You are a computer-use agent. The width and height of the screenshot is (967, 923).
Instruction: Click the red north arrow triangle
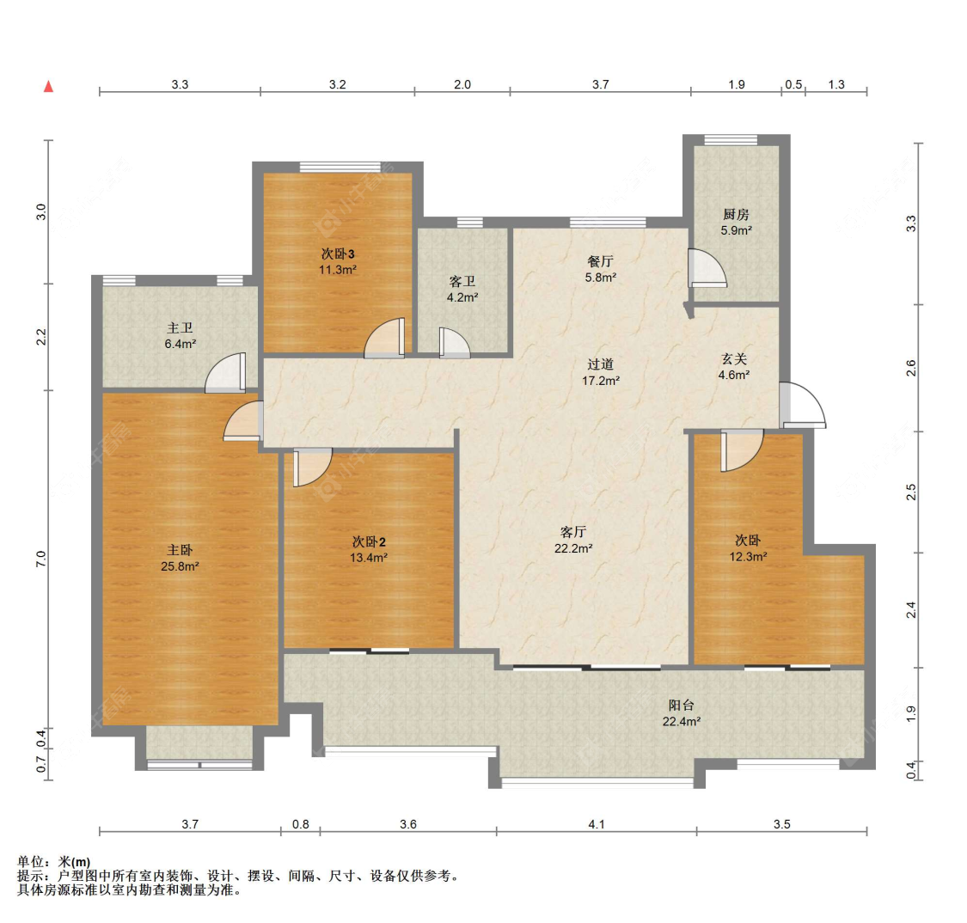(48, 86)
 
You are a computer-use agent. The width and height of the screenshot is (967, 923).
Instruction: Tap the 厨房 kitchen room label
(736, 215)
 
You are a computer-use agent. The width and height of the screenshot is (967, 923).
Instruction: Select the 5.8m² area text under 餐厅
(600, 278)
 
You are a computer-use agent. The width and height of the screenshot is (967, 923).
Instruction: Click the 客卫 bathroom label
(462, 282)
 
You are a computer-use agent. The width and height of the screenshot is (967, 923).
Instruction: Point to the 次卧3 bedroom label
(337, 254)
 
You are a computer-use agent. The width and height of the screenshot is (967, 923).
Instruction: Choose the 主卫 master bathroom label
(180, 328)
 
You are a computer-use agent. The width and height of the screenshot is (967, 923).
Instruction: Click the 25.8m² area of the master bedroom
(180, 566)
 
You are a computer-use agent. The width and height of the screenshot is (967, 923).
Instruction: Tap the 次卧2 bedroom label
(368, 542)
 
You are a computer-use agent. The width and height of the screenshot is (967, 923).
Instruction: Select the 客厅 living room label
(573, 532)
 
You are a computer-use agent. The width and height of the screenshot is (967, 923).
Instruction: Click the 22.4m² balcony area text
(681, 721)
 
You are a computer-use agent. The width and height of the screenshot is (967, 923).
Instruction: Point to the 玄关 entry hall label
(734, 359)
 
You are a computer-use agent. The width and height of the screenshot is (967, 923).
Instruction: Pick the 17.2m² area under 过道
(600, 381)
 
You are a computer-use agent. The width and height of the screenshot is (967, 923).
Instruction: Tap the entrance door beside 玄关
(802, 405)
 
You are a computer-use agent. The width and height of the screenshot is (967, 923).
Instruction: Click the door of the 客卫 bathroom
(455, 343)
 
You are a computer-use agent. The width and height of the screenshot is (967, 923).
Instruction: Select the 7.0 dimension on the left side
(40, 559)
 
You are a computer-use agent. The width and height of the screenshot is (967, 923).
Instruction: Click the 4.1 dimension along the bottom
(597, 824)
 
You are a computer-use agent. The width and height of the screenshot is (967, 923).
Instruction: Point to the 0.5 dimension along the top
(793, 84)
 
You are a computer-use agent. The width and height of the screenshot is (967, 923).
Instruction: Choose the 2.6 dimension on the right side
(911, 368)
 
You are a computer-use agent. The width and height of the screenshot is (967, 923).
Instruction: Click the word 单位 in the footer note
(30, 862)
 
